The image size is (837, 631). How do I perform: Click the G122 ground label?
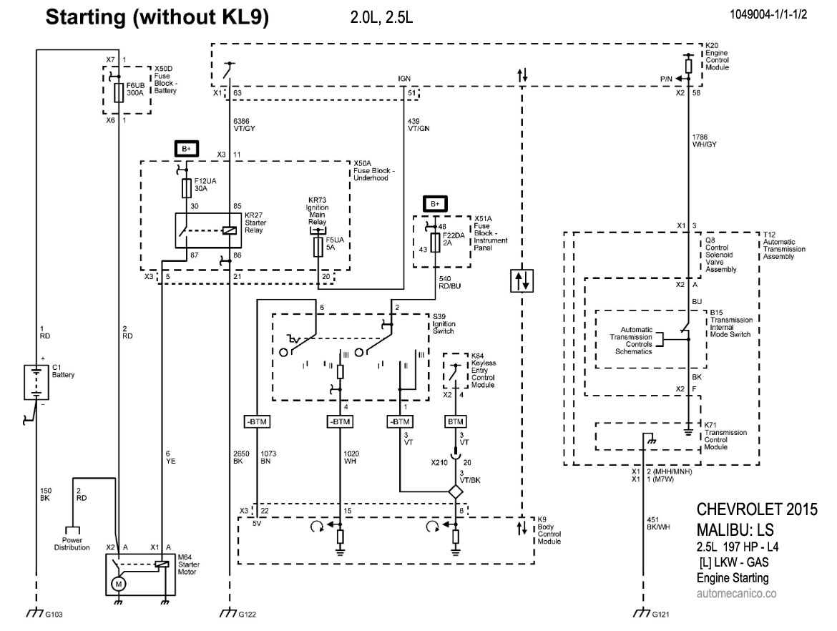pyautogui.click(x=247, y=615)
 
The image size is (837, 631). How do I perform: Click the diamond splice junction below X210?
pyautogui.click(x=455, y=492)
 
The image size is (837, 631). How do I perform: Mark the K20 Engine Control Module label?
pyautogui.click(x=717, y=60)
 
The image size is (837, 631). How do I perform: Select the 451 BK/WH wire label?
pyautogui.click(x=658, y=523)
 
